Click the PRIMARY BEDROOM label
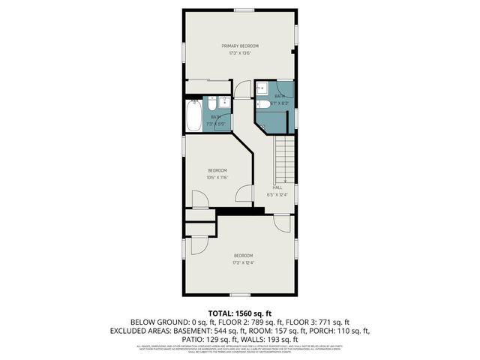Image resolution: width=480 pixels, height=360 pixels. [x=239, y=46]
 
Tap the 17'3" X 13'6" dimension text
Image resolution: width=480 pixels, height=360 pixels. [x=239, y=53]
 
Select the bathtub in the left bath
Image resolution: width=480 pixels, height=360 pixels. [x=192, y=115]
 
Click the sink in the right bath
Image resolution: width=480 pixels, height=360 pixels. [x=261, y=88]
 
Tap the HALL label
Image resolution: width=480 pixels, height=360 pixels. [x=277, y=187]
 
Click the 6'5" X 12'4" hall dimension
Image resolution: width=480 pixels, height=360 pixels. [x=277, y=194]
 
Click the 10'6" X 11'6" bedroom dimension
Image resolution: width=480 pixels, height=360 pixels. [x=217, y=178]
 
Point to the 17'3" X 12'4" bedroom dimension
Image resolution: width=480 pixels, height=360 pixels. [x=242, y=262]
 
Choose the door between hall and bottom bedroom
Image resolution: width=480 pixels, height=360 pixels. [x=281, y=223]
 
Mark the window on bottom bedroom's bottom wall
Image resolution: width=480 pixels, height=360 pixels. [x=239, y=293]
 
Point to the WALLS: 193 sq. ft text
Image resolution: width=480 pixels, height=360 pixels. [x=271, y=340]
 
